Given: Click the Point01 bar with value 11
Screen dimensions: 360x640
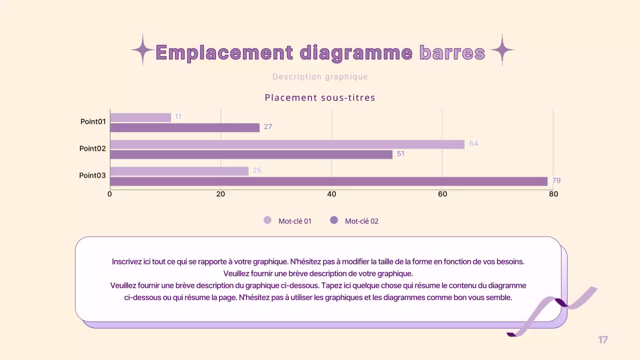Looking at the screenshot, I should click(x=140, y=117).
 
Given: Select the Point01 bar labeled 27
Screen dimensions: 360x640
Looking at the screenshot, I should click(x=184, y=127).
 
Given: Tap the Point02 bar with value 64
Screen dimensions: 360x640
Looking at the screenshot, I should click(x=287, y=144).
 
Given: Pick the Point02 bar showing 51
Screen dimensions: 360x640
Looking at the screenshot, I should click(x=251, y=154).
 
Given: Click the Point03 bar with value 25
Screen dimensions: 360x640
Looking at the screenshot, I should click(x=179, y=171).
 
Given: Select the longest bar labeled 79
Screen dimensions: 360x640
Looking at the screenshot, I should click(x=328, y=181).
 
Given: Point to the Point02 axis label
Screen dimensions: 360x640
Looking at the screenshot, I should click(x=92, y=148).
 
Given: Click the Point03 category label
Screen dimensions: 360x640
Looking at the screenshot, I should click(x=92, y=175).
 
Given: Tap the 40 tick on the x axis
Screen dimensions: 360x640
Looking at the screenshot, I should click(x=331, y=194).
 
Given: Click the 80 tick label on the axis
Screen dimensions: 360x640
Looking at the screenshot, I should click(x=553, y=194).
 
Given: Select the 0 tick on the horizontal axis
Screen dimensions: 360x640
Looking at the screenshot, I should click(x=110, y=194).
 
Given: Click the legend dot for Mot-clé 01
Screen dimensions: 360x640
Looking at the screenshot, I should click(x=267, y=220).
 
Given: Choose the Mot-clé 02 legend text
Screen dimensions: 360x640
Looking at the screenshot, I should click(x=361, y=221).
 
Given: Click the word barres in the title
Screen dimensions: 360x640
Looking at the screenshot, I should click(x=452, y=52).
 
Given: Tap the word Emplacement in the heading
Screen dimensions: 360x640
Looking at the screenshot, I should click(x=224, y=52).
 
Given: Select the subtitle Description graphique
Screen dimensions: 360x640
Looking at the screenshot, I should click(x=320, y=77).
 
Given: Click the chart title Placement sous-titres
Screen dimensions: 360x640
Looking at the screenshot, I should click(x=320, y=97).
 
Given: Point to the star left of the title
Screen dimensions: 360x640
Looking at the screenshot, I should click(x=142, y=50).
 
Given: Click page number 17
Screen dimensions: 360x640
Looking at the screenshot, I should click(x=603, y=340).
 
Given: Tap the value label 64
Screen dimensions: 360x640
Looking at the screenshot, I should click(x=473, y=144).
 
